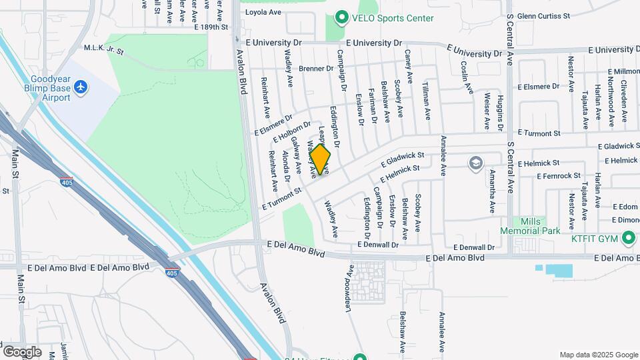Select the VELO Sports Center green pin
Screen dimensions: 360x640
[x=342, y=18]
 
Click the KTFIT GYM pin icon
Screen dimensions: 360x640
[x=628, y=237]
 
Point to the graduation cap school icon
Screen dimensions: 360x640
[x=475, y=164]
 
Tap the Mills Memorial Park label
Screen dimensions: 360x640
[x=531, y=226]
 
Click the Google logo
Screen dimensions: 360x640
[x=22, y=352]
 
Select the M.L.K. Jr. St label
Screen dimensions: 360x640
[x=101, y=48]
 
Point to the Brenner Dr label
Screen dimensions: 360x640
[x=315, y=68]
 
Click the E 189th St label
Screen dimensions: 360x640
[x=211, y=27]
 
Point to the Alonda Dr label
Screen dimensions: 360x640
[x=285, y=166]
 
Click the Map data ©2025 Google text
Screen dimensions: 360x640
[x=598, y=355]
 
